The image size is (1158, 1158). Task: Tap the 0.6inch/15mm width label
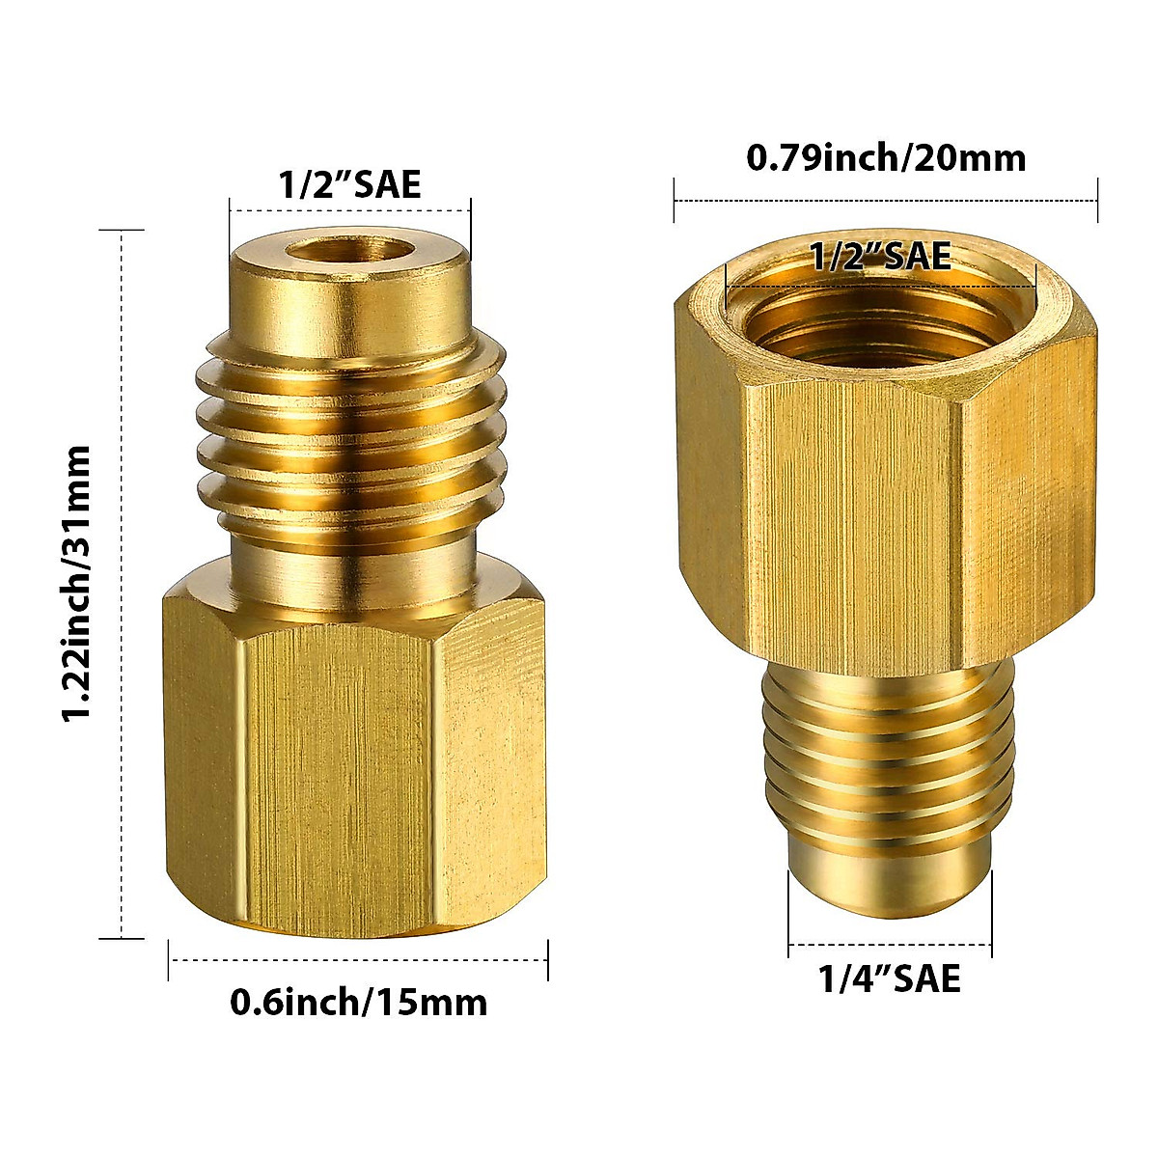point(359,1003)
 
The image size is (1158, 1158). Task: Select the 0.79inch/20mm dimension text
point(886,157)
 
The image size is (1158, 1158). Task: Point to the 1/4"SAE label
point(890,979)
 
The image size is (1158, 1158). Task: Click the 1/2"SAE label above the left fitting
point(350,182)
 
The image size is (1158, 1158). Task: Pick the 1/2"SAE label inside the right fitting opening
point(880,257)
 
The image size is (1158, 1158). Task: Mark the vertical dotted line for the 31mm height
point(122,583)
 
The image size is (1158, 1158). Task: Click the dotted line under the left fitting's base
point(359,958)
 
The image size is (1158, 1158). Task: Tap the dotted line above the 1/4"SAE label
point(890,944)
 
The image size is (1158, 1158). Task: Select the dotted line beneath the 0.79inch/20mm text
point(886,202)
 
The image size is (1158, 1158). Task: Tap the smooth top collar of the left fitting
point(351,299)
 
